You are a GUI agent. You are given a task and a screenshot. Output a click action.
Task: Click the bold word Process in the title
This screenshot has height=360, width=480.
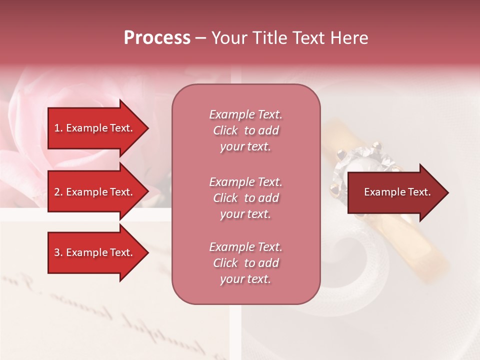pos(157,38)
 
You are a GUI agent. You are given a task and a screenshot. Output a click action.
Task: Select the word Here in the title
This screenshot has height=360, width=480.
pos(349,38)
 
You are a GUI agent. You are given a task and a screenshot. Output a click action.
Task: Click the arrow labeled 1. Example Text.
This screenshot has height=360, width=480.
pos(95,128)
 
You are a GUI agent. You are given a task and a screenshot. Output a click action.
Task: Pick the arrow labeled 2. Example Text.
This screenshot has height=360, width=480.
pos(95,192)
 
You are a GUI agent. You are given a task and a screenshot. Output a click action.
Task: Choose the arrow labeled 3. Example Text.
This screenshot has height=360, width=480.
pos(95,252)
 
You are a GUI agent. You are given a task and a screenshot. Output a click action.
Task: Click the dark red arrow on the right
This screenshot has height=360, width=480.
pos(395,192)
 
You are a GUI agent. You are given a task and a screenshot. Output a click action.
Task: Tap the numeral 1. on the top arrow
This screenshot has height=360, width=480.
pos(58,128)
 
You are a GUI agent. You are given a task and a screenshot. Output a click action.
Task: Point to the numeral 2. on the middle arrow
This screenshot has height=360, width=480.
pos(58,192)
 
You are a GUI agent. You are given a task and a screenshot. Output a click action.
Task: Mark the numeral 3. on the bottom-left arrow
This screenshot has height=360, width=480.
pos(58,252)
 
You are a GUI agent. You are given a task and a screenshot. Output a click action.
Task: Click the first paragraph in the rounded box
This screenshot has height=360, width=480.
pos(245,130)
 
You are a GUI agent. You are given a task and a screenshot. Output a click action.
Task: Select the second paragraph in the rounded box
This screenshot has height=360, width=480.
pos(245,198)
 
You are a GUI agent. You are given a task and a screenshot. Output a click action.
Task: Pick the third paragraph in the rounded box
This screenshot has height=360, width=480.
pos(245,263)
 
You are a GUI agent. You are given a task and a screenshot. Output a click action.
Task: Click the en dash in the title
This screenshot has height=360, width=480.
pos(200,38)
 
